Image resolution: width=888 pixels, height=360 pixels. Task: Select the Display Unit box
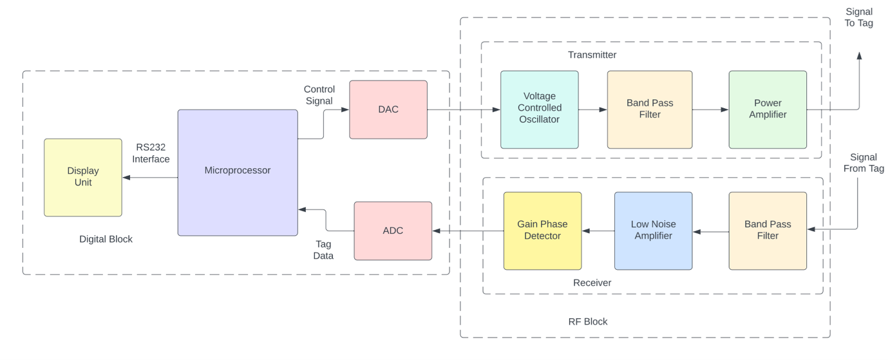(83, 177)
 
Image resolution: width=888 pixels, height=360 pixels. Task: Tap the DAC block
(388, 109)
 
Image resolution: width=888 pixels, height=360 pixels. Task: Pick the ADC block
(393, 231)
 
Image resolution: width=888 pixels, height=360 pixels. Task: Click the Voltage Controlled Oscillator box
(540, 109)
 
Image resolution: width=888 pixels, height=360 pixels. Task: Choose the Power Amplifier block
(768, 109)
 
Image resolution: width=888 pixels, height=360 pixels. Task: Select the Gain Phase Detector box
(542, 231)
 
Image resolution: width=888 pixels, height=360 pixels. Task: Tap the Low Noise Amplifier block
(653, 231)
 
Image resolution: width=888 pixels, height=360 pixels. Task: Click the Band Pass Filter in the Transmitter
(649, 109)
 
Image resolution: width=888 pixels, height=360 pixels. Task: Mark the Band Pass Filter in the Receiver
(768, 231)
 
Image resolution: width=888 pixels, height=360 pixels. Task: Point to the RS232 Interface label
(151, 153)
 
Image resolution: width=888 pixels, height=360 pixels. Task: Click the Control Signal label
(319, 95)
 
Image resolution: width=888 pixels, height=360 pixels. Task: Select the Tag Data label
(323, 250)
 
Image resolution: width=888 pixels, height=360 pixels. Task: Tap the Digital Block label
(106, 239)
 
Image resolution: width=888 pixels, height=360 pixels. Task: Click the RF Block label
(587, 321)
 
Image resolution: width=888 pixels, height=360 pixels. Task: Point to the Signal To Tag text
(858, 17)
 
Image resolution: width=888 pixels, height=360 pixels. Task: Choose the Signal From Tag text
(863, 163)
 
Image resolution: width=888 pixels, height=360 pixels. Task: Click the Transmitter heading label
(592, 55)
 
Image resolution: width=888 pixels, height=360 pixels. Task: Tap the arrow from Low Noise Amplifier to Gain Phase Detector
(598, 231)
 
